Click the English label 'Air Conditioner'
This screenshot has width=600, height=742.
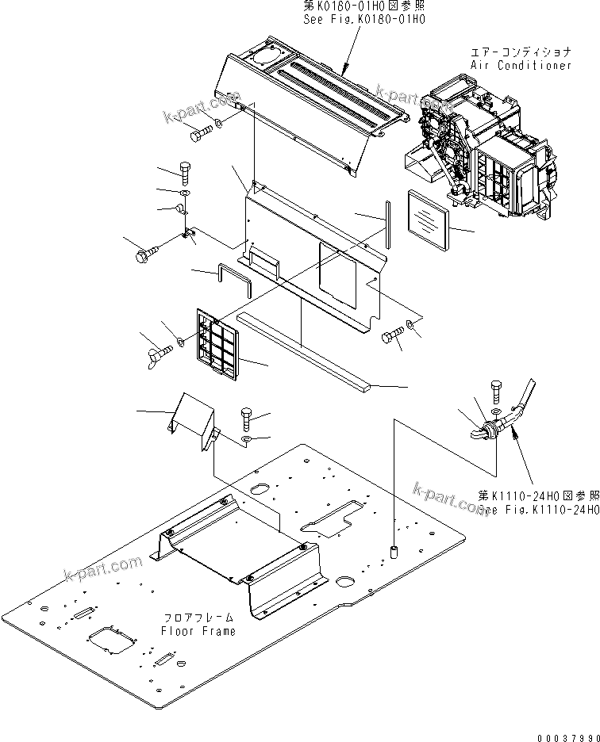[521, 65]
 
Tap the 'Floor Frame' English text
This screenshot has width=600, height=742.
[198, 631]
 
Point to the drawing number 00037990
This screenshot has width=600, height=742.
[567, 735]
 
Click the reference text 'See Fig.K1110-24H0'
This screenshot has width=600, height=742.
[540, 511]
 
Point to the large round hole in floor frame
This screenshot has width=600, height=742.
[345, 581]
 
